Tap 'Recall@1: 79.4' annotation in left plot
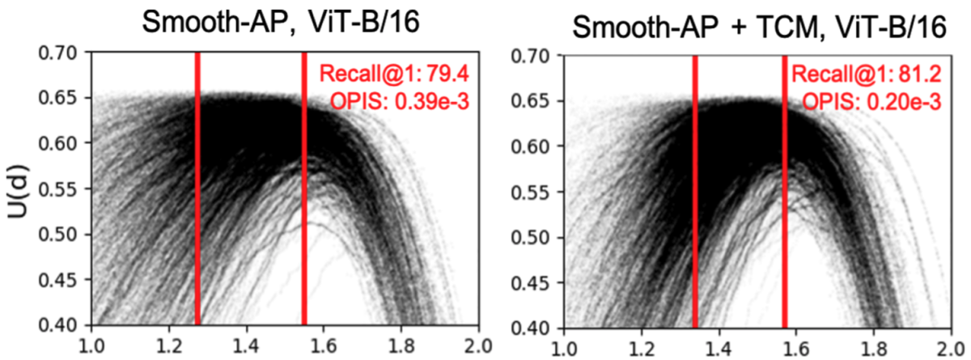[x=395, y=75]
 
